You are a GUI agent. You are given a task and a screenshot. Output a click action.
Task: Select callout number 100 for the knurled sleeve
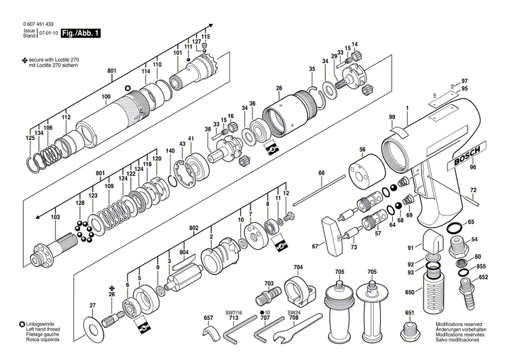(x=106, y=96)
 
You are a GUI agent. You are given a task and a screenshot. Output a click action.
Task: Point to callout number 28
(x=279, y=88)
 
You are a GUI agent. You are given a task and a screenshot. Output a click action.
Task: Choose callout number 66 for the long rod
(x=321, y=174)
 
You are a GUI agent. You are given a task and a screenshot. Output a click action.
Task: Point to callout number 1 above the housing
(x=407, y=109)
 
